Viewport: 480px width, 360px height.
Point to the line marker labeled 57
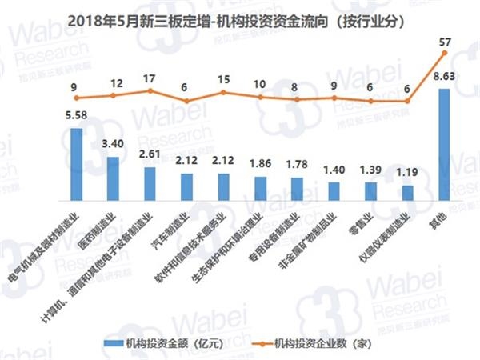tap(444, 53)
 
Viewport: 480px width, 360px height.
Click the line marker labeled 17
tap(150, 91)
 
